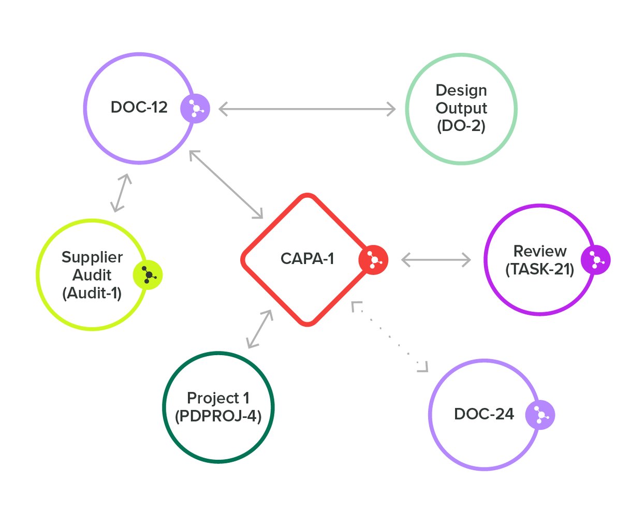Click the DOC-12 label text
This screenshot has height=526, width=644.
tap(139, 107)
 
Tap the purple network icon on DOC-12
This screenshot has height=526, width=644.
tap(195, 109)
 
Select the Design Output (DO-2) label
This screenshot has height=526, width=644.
tap(461, 108)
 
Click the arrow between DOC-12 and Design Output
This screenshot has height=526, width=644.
tap(307, 109)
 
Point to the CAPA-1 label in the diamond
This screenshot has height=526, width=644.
tap(307, 258)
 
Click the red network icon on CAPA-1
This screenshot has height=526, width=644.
tap(373, 259)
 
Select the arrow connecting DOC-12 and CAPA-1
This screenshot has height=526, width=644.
tap(226, 184)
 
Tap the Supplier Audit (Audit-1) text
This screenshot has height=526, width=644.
tap(92, 275)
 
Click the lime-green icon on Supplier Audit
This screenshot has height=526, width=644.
tap(148, 275)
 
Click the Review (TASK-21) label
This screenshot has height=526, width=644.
tap(539, 260)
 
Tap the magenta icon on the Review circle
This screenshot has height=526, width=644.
tap(595, 260)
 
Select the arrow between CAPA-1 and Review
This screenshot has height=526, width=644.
tap(436, 260)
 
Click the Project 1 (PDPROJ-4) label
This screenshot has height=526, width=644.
tap(218, 407)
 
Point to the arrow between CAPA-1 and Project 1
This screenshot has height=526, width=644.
tap(260, 329)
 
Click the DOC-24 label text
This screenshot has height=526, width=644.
tap(484, 414)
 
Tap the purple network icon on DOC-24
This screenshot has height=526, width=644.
tap(540, 415)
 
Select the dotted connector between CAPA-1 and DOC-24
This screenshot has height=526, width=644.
tap(390, 337)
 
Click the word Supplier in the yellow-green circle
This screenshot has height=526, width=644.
tap(92, 257)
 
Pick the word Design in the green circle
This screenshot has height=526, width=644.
tap(461, 91)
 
